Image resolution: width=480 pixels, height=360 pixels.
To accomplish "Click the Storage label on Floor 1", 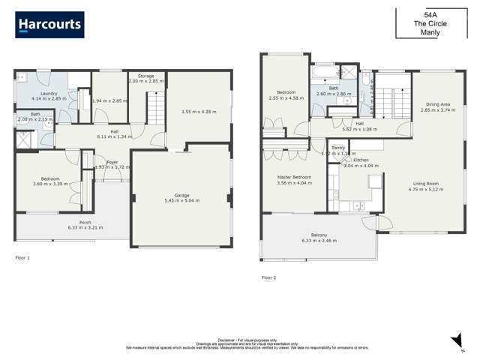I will click(145, 76).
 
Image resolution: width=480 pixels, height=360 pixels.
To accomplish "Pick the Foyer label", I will click(112, 161).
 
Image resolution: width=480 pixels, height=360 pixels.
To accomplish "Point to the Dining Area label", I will click(438, 104).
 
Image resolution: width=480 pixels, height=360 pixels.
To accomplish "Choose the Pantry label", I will click(337, 148).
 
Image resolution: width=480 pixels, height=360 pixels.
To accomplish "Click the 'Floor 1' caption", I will click(23, 257).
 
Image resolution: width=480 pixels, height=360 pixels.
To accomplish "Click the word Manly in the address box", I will click(431, 32).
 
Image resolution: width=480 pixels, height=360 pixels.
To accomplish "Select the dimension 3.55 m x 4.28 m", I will click(198, 112).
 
